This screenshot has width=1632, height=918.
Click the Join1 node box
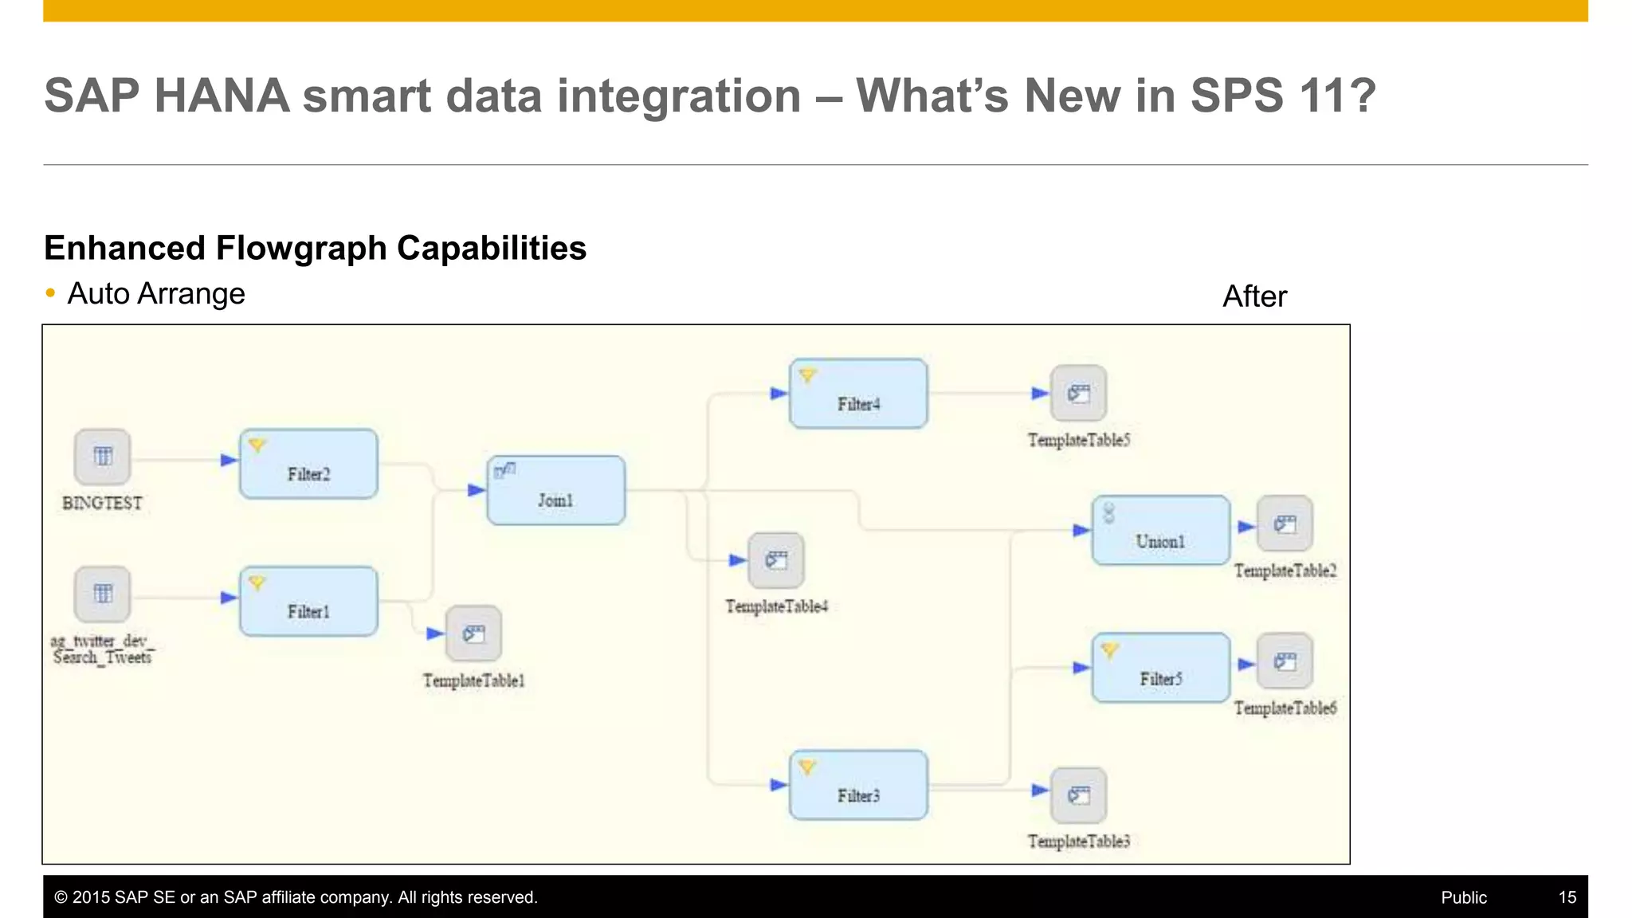pos(555,490)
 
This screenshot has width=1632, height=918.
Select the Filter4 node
pos(858,394)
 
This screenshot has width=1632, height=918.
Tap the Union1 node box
pos(1160,530)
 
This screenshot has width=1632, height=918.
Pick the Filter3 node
pos(858,785)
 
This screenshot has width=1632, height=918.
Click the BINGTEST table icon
pos(102,457)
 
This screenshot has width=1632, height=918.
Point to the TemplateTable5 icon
pos(1078,393)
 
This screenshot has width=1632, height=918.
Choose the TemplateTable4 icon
pos(776,560)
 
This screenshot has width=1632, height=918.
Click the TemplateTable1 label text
pos(473,681)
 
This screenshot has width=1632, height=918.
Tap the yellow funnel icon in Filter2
pos(257,445)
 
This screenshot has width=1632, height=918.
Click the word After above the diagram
pos(1254,296)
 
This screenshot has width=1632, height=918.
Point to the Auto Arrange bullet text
pos(156,294)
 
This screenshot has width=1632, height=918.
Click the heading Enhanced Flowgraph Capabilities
pos(315,248)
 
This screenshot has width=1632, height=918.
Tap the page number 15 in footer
pos(1567,897)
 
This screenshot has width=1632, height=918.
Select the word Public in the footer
pos(1463,897)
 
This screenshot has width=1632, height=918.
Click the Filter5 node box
pos(1160,668)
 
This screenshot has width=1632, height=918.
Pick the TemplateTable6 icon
pos(1285,661)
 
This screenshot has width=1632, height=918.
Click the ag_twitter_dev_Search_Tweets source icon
pos(102,594)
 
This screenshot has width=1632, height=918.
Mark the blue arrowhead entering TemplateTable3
pos(1039,790)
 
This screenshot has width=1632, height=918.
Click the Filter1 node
pos(308,602)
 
